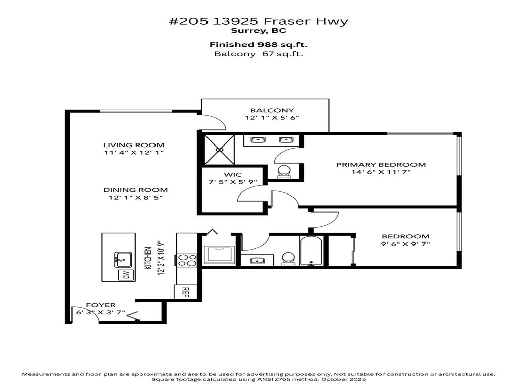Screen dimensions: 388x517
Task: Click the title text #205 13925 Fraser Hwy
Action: [258, 21]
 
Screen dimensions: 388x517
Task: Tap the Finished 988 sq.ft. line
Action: [258, 44]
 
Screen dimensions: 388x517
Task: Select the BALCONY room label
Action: [265, 110]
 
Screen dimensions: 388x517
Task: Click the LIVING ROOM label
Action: [134, 145]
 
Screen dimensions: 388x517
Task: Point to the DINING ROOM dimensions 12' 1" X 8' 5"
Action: [135, 198]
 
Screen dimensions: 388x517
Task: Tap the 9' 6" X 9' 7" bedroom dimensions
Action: [405, 244]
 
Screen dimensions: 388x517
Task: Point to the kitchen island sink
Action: [122, 260]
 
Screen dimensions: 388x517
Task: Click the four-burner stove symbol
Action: [188, 260]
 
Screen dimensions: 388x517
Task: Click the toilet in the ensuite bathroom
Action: [284, 172]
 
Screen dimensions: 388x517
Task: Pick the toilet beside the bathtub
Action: [287, 258]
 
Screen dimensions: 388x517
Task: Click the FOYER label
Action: [100, 305]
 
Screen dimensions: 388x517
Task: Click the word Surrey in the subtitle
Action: [249, 30]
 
